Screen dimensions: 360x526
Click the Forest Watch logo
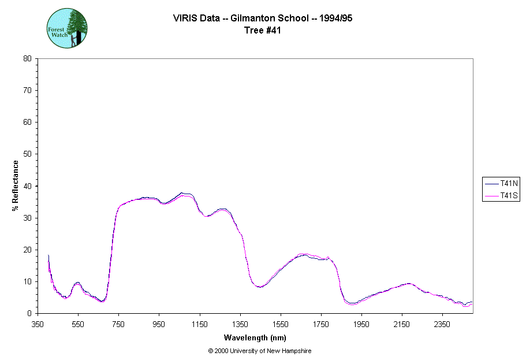click(x=67, y=28)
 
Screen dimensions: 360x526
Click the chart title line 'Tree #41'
click(x=263, y=31)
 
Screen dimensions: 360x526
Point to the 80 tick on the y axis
click(x=27, y=58)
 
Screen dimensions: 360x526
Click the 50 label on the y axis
click(x=27, y=154)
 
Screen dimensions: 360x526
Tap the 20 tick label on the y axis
click(x=27, y=250)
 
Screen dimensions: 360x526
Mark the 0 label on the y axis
click(x=29, y=313)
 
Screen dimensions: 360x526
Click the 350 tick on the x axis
click(x=38, y=324)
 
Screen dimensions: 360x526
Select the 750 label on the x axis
click(x=119, y=324)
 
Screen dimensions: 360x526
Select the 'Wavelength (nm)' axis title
click(x=255, y=338)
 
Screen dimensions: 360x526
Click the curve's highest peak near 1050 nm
click(x=182, y=193)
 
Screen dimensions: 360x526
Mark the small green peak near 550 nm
click(x=77, y=283)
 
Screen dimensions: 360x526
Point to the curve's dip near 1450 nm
click(x=259, y=287)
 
